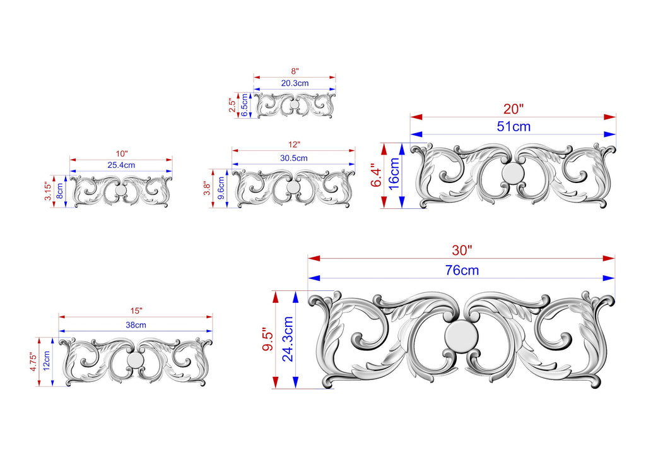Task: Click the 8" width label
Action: point(295,72)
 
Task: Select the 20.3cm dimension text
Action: point(295,83)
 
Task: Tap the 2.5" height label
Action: point(233,105)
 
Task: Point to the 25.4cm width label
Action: point(121,165)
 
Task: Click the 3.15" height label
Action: point(49,191)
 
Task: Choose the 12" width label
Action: point(294,145)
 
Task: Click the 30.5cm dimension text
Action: point(294,158)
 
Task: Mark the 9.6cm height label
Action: point(221,188)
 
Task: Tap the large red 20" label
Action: point(514,109)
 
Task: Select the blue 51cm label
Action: point(514,126)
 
